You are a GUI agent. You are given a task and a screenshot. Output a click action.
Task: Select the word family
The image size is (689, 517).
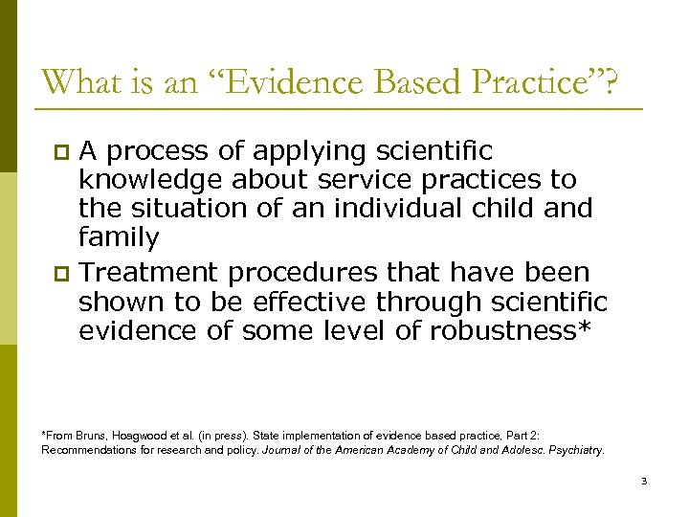119,236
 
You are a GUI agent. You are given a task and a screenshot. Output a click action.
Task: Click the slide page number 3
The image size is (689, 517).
644,481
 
